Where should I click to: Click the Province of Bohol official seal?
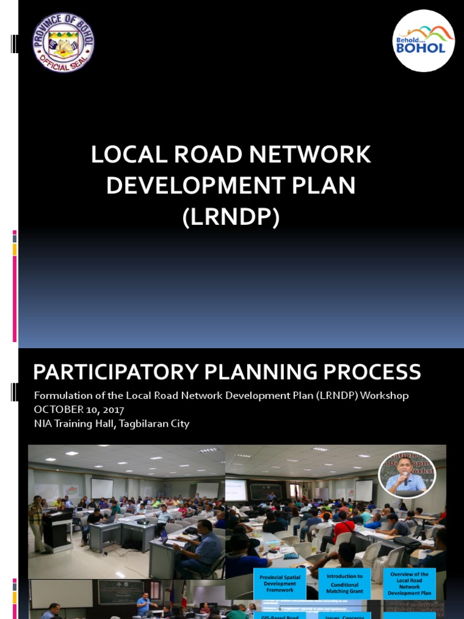pos(63,42)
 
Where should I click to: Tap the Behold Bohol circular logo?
pos(424,41)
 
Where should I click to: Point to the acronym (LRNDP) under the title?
pos(231,217)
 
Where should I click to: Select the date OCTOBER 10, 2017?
pos(79,410)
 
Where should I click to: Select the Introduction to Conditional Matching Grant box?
pos(344,584)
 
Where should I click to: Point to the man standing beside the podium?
pos(37,523)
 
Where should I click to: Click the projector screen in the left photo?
pos(101,488)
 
